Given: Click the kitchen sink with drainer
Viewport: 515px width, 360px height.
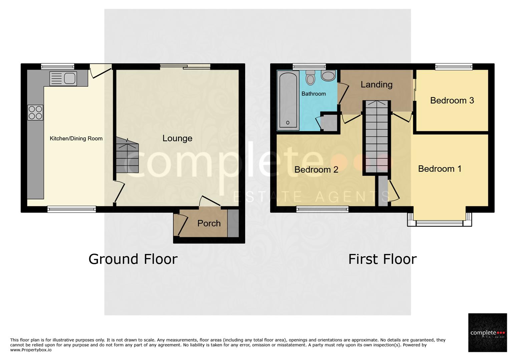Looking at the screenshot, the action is [63, 79].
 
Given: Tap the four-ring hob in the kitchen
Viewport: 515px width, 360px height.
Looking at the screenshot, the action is [35, 113].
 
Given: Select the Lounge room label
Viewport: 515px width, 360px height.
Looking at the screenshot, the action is [177, 138].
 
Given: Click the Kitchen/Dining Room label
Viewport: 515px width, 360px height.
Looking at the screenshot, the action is [76, 139].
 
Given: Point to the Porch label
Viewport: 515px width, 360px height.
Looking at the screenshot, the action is [209, 223].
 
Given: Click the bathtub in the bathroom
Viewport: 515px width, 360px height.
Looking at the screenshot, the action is [288, 100].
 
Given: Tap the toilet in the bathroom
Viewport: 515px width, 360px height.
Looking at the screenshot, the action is [311, 77].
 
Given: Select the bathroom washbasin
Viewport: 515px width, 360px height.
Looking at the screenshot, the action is [328, 76].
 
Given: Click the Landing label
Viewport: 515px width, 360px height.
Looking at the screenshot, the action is [376, 85].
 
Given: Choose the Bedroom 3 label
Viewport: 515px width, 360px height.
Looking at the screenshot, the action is [452, 100].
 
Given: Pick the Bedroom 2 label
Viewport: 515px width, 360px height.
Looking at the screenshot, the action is [316, 170].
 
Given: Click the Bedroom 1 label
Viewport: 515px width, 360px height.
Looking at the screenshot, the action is [440, 169].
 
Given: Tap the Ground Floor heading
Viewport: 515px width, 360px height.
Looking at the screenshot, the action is [133, 259].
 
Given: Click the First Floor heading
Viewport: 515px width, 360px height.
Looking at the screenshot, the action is [382, 259].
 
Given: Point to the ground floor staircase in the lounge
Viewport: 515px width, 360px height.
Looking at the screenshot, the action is [127, 155].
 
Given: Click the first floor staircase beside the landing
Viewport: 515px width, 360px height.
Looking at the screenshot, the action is [377, 137].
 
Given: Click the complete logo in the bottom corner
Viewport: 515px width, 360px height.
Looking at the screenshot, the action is [487, 332].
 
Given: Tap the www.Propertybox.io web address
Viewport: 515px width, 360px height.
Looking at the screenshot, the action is [31, 350].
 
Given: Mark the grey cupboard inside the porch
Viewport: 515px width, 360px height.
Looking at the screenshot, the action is [233, 223].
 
